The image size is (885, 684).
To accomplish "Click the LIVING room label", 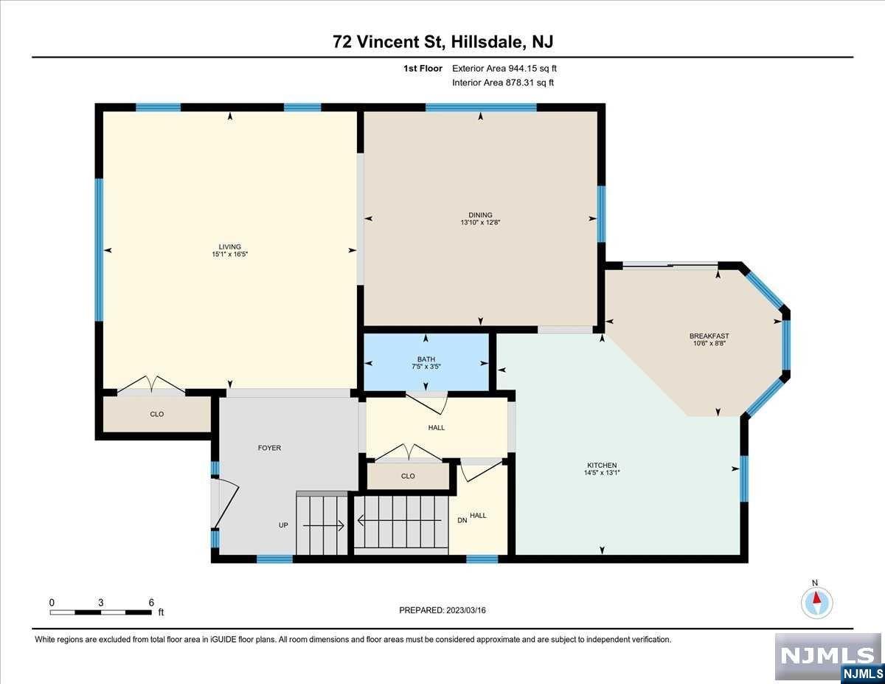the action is (x=229, y=246).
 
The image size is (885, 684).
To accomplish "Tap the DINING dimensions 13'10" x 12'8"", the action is (x=480, y=222).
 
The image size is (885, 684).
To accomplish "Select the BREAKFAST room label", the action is (x=709, y=336).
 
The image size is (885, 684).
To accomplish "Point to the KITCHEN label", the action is (x=602, y=466).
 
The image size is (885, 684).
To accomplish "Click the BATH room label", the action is (x=426, y=359).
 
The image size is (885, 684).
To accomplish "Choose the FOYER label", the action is (x=269, y=448).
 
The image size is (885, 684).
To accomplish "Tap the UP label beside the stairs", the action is (x=283, y=525).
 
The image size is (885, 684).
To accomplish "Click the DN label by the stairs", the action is (x=462, y=521).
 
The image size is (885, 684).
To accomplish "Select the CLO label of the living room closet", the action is (x=157, y=415).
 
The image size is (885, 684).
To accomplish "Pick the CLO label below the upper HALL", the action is (x=408, y=476).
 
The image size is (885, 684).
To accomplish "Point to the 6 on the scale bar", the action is (x=151, y=603).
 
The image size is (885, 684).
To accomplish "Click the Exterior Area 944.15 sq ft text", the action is (x=504, y=69).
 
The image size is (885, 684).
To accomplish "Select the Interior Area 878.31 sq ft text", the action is (x=503, y=83).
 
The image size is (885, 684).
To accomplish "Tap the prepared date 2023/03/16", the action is (x=466, y=610).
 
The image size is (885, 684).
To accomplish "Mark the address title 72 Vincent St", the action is (x=388, y=41).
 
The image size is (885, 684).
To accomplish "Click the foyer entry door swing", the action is (x=224, y=503).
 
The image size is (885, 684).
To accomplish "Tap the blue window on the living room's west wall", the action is (x=99, y=249).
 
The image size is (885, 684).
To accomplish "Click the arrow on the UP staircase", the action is (x=324, y=526).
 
